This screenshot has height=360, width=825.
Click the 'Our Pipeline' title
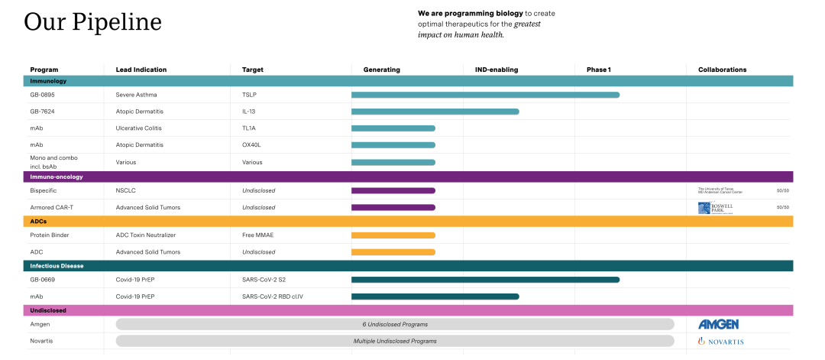(92, 21)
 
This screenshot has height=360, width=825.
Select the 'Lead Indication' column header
(141, 70)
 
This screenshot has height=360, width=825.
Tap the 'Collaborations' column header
(722, 70)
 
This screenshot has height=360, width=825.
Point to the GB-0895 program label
(42, 95)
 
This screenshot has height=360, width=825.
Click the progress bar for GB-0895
(485, 95)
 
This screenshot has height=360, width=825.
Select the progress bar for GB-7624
(435, 112)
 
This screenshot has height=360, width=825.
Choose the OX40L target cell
(252, 145)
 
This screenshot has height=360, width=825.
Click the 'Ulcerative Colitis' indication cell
(138, 128)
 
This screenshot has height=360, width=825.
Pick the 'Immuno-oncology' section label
(57, 177)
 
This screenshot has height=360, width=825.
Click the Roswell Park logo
(715, 208)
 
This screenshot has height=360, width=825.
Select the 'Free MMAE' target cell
(257, 235)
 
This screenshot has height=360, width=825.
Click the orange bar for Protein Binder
(393, 235)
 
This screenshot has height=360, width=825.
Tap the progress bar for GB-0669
(485, 280)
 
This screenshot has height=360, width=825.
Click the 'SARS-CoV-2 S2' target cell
(265, 280)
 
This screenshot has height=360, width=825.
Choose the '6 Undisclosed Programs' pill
(395, 324)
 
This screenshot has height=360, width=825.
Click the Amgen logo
(718, 324)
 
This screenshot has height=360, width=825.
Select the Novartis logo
(720, 341)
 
